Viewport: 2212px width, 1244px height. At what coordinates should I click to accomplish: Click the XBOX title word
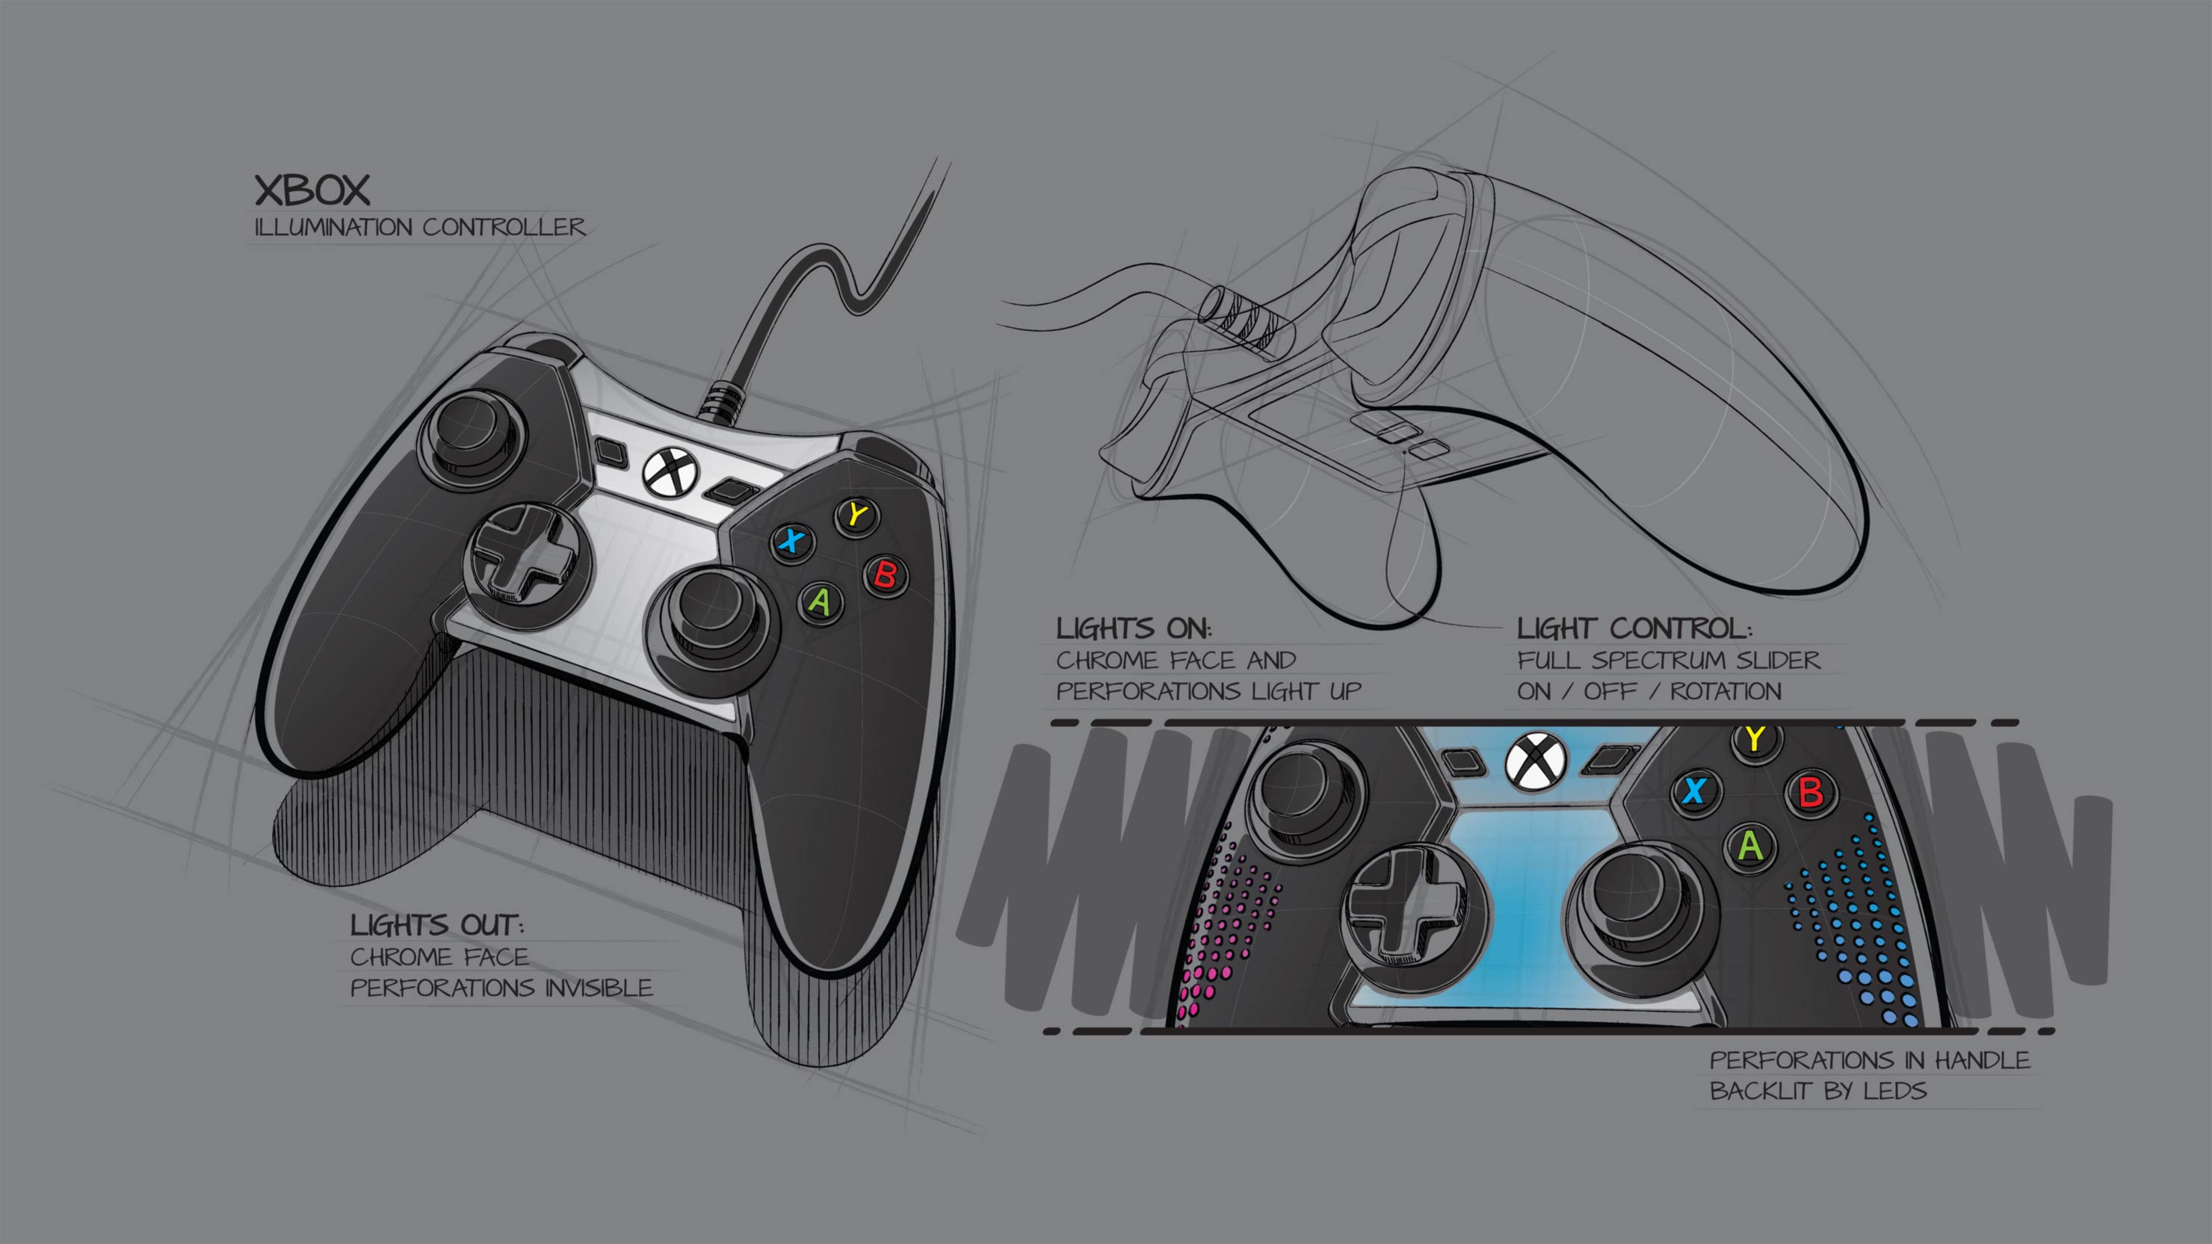312,191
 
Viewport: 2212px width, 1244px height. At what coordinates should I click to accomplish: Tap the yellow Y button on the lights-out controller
856,515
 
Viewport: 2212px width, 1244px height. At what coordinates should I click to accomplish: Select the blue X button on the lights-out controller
791,541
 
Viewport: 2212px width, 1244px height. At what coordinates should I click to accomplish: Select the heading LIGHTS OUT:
436,925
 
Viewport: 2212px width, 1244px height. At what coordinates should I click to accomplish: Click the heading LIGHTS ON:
1134,628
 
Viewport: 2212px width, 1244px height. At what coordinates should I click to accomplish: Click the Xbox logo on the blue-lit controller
1536,761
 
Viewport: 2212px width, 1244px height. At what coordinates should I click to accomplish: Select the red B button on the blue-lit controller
1810,791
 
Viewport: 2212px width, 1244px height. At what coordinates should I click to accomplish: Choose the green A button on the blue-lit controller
1750,847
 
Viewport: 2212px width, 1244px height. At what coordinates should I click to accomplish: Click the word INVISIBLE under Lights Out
599,988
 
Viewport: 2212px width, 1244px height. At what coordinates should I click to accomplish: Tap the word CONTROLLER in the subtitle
503,228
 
